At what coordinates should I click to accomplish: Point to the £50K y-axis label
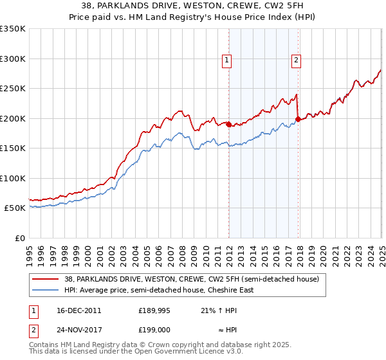14,208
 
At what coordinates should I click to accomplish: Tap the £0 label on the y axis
19,238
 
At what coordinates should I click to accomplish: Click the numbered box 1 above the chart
228,61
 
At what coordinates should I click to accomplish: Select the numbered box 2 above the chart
296,61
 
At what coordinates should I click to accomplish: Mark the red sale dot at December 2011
228,125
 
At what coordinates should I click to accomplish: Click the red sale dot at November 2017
298,119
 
